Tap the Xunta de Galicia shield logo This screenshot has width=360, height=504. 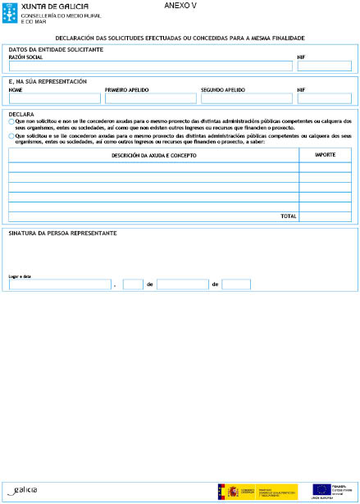11,12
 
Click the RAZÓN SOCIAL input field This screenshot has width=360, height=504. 151,66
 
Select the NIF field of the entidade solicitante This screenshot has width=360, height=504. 324,66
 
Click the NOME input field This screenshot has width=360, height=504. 54,98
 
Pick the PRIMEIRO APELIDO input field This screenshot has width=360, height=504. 151,98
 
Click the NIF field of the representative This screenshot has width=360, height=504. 324,98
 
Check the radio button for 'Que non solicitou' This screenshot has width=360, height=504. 11,121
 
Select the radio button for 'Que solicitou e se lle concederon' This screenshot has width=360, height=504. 11,137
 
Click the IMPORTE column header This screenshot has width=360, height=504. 325,154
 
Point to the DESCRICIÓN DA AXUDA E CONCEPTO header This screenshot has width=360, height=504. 153,154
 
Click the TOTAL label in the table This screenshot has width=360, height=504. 289,216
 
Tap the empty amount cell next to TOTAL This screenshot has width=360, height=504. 325,216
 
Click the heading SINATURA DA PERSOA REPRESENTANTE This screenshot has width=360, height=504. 62,234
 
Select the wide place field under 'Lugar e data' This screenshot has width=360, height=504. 59,284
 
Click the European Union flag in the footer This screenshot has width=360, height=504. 321,489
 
